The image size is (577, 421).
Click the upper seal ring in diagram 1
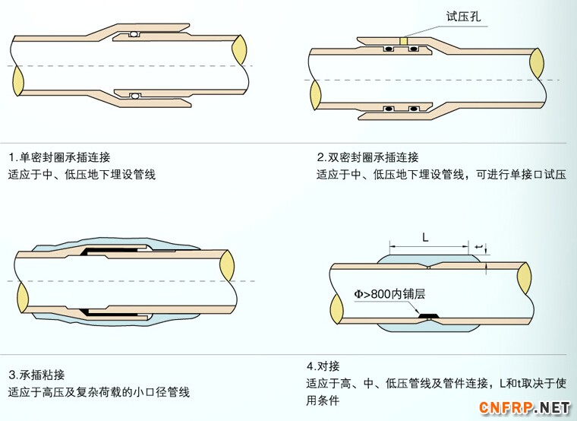tap(134, 34)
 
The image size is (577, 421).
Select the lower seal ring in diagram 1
tap(134, 96)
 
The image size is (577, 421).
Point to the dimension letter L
tap(425, 238)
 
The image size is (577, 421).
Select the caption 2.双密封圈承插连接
tap(367, 157)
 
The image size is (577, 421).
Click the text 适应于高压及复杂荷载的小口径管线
tap(99, 393)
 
